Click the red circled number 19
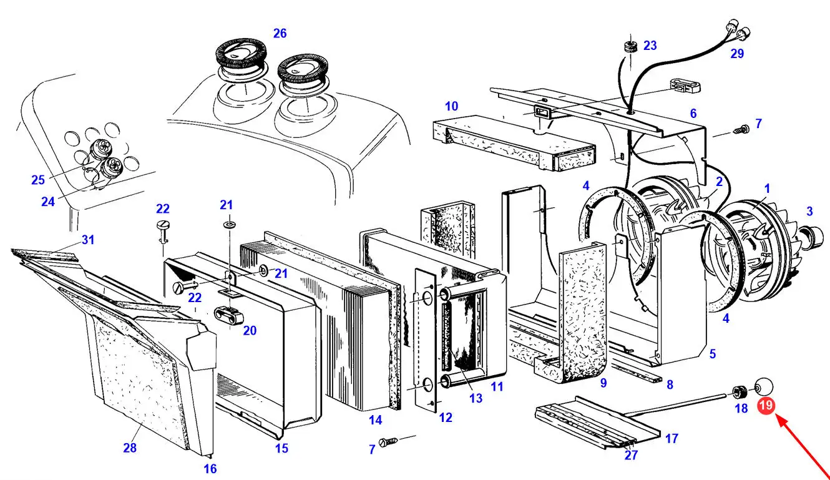pyautogui.click(x=766, y=406)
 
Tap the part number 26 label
pyautogui.click(x=280, y=33)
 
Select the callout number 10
pyautogui.click(x=451, y=106)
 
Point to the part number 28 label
pyautogui.click(x=130, y=448)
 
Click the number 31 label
pyautogui.click(x=88, y=240)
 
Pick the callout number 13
pyautogui.click(x=476, y=398)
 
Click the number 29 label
pyautogui.click(x=737, y=54)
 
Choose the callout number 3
pyautogui.click(x=809, y=211)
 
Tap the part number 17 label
pyautogui.click(x=671, y=439)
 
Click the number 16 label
pyautogui.click(x=210, y=468)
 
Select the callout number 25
pyautogui.click(x=38, y=180)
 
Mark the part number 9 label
pyautogui.click(x=603, y=383)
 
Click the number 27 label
pyautogui.click(x=631, y=455)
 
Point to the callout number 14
pyautogui.click(x=375, y=420)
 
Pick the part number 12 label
pyautogui.click(x=446, y=418)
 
